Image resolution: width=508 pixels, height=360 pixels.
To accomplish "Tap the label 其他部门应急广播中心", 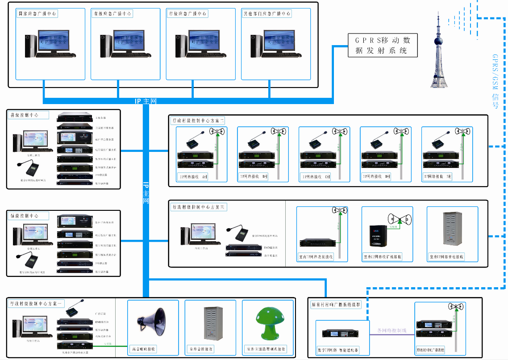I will point(267,14).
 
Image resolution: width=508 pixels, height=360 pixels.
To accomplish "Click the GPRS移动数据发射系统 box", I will point(383,45).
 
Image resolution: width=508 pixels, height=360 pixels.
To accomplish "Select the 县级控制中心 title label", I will point(25,115).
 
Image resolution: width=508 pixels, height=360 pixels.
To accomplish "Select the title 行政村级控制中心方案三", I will point(199,207).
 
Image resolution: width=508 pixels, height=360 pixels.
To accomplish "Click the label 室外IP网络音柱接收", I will point(446,257).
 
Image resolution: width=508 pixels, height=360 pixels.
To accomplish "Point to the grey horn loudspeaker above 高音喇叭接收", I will point(150,319).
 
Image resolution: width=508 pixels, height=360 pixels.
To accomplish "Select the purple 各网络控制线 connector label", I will point(391,331).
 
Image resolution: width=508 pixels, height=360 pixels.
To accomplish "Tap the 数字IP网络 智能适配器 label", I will point(338,350).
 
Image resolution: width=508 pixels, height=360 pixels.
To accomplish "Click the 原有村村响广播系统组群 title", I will point(336,305).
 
